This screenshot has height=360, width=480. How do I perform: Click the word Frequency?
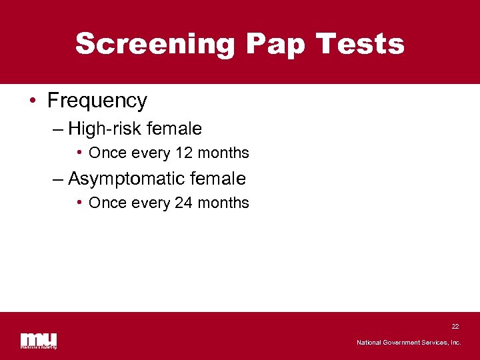97,101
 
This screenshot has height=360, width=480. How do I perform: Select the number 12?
183,153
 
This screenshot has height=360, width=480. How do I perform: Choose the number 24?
183,203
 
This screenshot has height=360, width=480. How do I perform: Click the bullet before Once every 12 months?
79,153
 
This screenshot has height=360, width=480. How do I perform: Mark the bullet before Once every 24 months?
79,203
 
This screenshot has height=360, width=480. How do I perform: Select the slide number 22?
455,327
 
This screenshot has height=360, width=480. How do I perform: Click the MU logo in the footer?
39,340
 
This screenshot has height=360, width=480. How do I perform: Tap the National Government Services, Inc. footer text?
409,343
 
